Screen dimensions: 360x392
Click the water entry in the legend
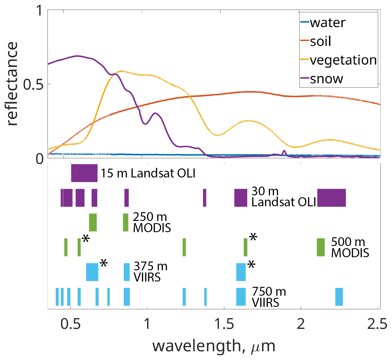click(x=327, y=23)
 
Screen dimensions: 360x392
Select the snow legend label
click(x=326, y=79)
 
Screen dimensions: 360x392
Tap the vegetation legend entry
click(x=343, y=60)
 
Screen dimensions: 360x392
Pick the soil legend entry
click(x=320, y=41)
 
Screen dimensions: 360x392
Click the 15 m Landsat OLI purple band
click(x=84, y=173)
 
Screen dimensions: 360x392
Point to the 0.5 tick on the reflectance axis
click(x=33, y=84)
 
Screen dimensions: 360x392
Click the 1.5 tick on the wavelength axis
click(x=224, y=324)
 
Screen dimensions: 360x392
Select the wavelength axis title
click(x=214, y=346)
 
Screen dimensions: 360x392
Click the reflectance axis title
click(x=12, y=84)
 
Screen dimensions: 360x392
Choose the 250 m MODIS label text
click(x=152, y=222)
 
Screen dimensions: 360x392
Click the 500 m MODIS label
click(x=350, y=247)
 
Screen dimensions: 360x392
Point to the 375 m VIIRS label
click(x=150, y=272)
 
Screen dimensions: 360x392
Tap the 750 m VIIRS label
click(x=269, y=297)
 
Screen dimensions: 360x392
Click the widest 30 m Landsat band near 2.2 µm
click(x=331, y=198)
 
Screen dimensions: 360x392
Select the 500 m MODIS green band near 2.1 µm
click(x=321, y=247)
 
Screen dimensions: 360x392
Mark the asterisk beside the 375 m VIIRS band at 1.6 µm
click(x=251, y=265)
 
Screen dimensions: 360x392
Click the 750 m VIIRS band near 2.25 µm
click(x=339, y=297)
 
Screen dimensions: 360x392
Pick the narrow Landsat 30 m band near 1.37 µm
click(x=205, y=198)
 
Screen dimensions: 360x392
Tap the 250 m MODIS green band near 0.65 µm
click(x=93, y=222)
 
